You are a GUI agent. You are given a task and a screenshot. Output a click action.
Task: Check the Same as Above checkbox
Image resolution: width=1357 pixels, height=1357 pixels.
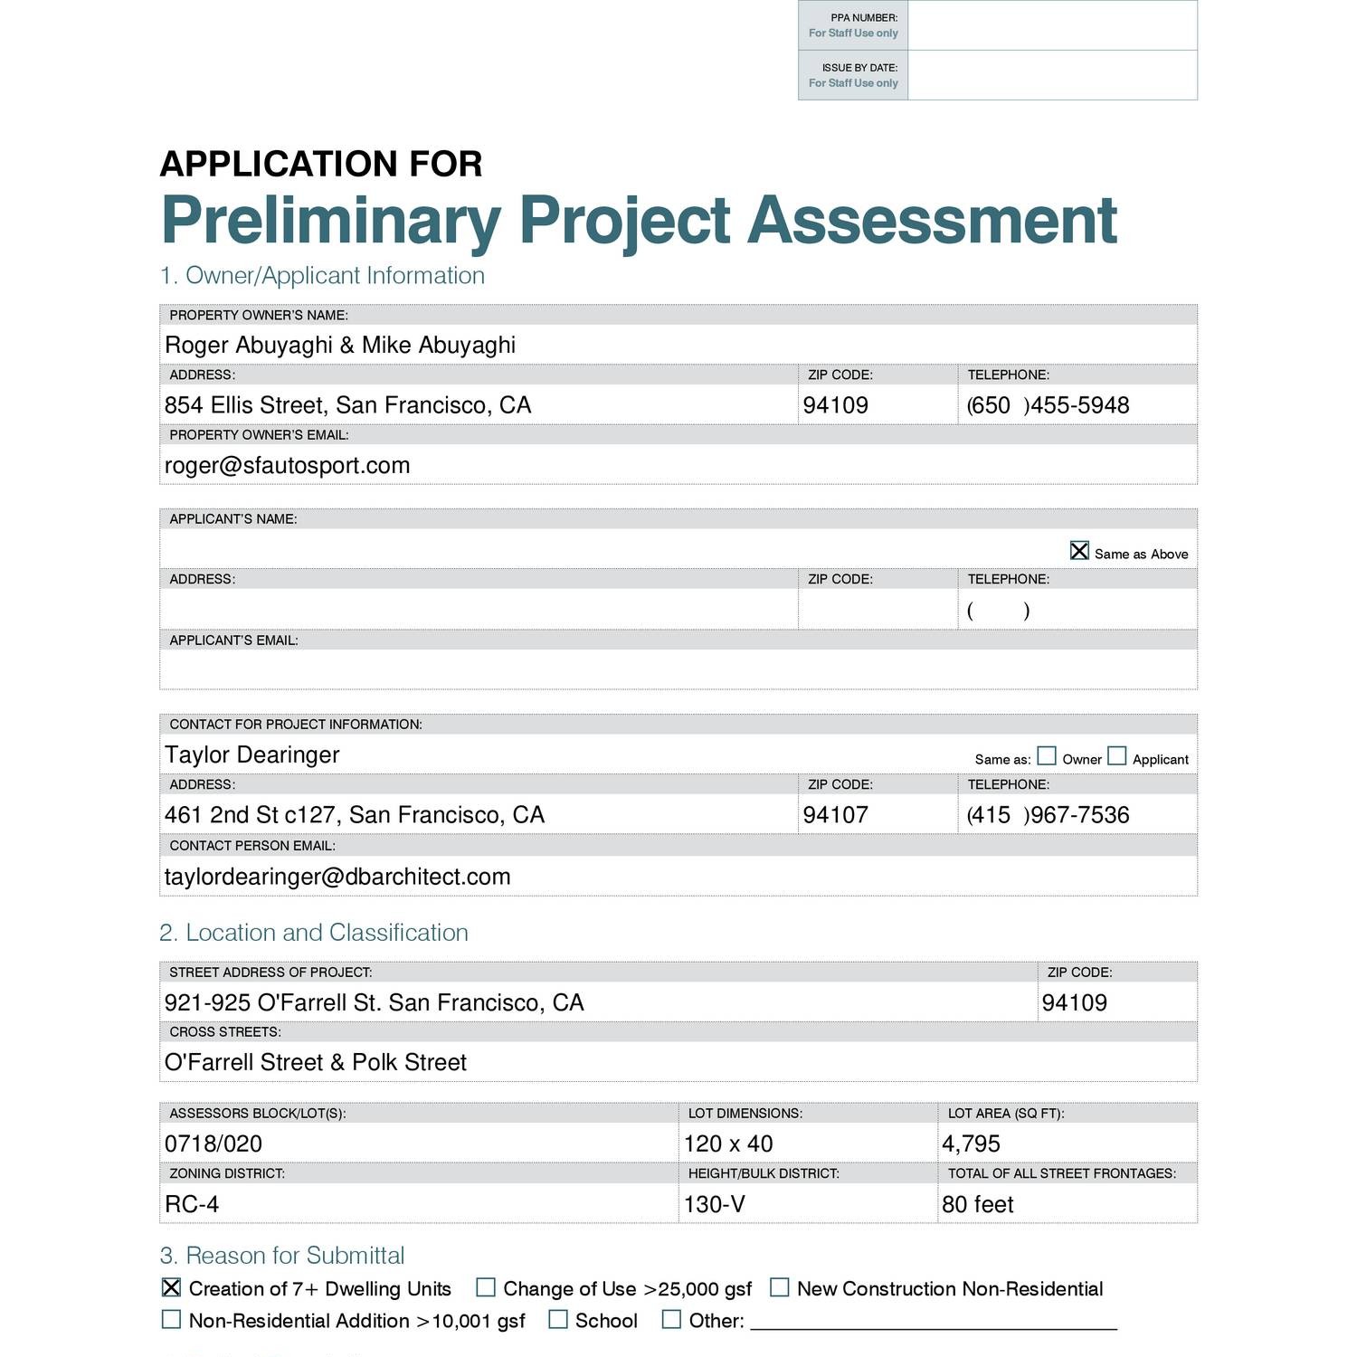(1079, 551)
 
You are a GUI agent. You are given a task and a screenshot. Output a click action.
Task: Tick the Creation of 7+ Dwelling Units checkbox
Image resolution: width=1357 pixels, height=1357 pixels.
(171, 1287)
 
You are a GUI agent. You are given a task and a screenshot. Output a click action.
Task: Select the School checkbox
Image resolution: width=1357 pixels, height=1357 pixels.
(558, 1320)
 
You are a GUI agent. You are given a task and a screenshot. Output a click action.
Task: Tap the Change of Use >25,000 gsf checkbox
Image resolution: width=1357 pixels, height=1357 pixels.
(486, 1287)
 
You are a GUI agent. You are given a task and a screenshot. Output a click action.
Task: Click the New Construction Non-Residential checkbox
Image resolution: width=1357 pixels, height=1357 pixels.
(780, 1287)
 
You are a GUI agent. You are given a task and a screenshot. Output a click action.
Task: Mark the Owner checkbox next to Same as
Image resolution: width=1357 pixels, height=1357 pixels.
(1047, 755)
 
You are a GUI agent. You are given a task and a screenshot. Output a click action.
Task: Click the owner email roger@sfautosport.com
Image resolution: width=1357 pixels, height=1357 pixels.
(287, 465)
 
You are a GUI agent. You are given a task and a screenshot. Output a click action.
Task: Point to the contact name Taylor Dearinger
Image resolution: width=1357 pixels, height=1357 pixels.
(251, 754)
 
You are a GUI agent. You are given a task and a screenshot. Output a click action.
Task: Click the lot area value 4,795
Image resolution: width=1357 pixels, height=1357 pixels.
(971, 1143)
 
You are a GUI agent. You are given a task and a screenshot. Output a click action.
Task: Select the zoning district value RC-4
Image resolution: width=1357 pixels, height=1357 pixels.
(192, 1204)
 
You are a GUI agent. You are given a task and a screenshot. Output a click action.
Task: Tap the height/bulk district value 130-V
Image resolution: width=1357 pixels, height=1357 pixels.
(714, 1204)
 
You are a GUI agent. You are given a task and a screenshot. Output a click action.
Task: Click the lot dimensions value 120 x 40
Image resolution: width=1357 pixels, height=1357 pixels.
(728, 1143)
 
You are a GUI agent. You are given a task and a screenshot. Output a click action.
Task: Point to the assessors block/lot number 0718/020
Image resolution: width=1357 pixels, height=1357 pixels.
(214, 1143)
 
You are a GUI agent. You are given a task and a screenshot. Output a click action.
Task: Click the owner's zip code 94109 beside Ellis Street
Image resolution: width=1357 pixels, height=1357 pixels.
(835, 405)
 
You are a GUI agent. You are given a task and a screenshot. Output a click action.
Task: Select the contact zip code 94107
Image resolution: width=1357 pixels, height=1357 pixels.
(835, 815)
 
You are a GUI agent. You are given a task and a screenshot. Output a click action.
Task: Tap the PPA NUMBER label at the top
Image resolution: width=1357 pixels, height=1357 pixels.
(863, 18)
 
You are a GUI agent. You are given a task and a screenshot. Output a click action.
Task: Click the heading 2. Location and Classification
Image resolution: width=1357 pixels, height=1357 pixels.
(314, 933)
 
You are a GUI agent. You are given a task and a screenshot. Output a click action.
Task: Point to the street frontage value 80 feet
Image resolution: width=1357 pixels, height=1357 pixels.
(977, 1204)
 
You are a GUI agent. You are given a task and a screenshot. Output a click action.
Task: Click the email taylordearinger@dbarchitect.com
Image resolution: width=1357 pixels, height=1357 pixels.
(337, 877)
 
